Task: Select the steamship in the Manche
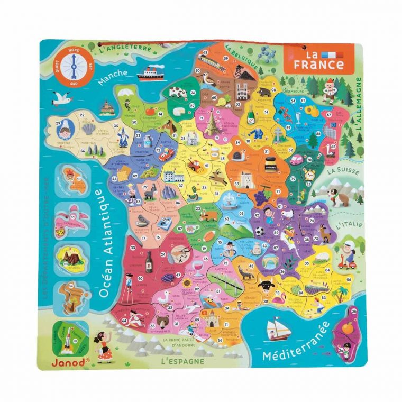pyautogui.click(x=150, y=74)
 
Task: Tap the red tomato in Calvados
pyautogui.click(x=150, y=111)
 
